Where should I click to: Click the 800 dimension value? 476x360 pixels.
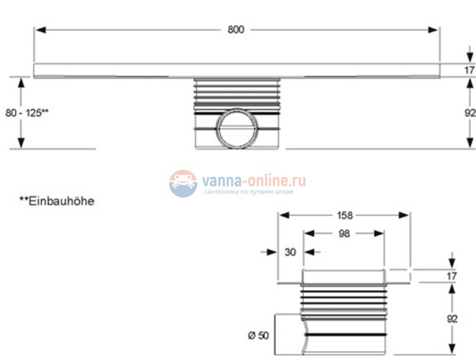(x=236, y=30)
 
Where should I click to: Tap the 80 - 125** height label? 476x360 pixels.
(x=26, y=113)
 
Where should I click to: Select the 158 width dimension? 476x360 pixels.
(x=345, y=215)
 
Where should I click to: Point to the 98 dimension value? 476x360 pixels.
(x=344, y=233)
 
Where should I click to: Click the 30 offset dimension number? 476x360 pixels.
(x=290, y=252)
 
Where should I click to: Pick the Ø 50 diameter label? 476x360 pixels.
(x=259, y=335)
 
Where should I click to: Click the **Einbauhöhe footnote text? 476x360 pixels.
(x=57, y=201)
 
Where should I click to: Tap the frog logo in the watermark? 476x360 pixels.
(x=183, y=184)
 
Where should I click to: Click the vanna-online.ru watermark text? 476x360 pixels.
(x=254, y=181)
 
